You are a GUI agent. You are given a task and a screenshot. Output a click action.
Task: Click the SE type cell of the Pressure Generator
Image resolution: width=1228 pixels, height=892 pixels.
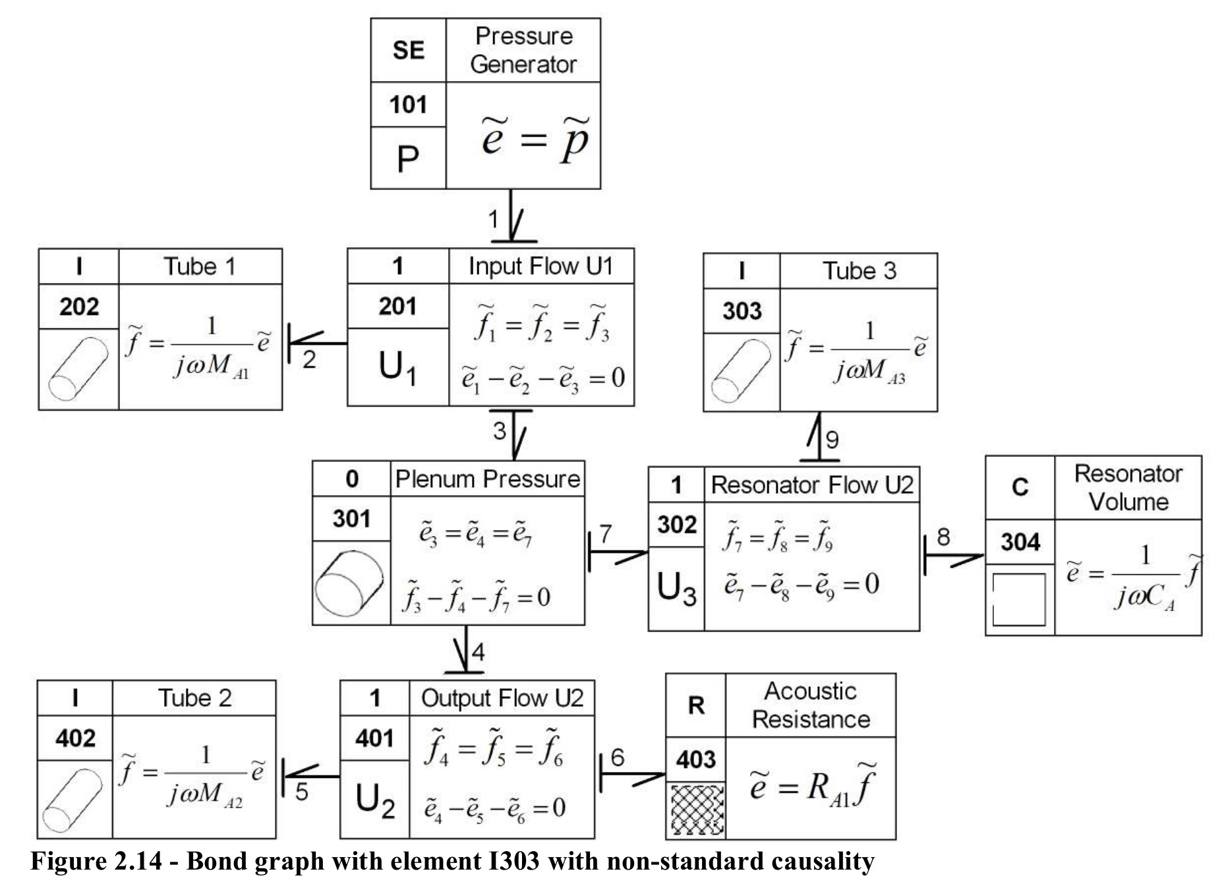coord(409,50)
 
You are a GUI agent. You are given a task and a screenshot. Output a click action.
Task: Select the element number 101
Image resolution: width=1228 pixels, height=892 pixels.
coord(409,104)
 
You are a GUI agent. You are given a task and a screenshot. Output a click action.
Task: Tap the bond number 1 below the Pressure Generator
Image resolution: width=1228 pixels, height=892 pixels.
coord(493,219)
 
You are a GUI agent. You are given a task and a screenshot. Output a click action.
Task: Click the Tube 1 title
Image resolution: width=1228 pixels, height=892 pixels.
coord(200,266)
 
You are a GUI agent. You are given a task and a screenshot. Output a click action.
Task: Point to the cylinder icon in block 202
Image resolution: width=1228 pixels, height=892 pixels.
coord(78,369)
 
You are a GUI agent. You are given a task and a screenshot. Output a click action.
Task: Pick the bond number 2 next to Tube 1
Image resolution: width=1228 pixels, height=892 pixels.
coord(309,359)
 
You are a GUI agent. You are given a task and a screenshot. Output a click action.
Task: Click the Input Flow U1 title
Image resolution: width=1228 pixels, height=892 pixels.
coord(541,266)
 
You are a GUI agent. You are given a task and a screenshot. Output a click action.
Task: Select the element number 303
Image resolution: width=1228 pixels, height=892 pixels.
coord(742,311)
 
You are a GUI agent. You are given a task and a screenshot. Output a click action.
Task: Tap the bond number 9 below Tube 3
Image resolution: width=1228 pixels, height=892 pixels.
coord(833,440)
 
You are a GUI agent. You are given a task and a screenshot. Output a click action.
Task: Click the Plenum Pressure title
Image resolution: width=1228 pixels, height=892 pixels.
coord(488,479)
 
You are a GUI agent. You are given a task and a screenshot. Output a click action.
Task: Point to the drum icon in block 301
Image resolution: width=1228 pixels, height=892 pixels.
coord(350,583)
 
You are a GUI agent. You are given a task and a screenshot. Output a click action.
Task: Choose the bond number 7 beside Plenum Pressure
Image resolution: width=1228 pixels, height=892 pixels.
coord(606,533)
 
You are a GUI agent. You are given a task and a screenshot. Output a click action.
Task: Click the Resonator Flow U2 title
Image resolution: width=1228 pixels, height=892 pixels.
coord(812,485)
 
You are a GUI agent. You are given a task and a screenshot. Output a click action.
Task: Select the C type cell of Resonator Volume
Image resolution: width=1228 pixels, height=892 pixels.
coord(1020,487)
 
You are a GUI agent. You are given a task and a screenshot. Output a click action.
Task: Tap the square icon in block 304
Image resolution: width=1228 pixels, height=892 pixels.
coord(1019,599)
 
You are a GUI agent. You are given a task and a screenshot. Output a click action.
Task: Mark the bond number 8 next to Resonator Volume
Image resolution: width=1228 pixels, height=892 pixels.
coord(943,537)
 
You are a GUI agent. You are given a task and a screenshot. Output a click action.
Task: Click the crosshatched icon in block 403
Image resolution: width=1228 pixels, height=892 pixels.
coord(697,810)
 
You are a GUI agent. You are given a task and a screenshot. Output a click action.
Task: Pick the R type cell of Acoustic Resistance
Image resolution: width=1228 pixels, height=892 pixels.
coord(696,705)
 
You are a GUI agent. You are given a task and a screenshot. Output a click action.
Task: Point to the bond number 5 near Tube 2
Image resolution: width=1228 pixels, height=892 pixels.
coord(302,791)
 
